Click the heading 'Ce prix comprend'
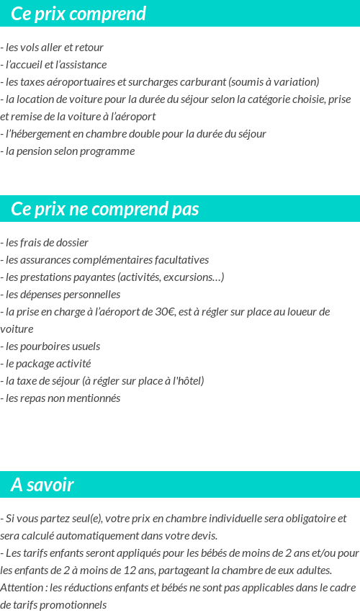(x=78, y=14)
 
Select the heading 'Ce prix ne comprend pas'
(x=105, y=209)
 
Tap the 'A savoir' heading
(x=42, y=485)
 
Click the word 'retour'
(x=89, y=48)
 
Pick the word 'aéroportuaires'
(x=76, y=82)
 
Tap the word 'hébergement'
(x=41, y=134)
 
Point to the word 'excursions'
(x=192, y=277)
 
